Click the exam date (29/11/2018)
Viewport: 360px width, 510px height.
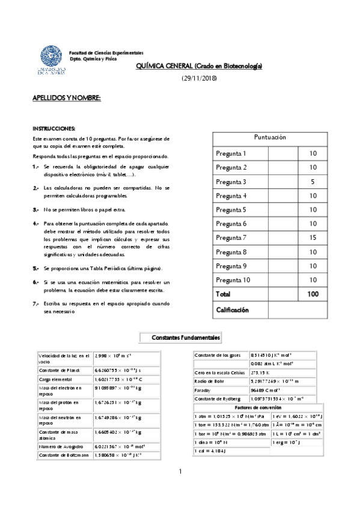pyautogui.click(x=199, y=79)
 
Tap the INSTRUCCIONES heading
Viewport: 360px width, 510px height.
pyautogui.click(x=54, y=129)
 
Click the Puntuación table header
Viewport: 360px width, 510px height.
pyautogui.click(x=270, y=137)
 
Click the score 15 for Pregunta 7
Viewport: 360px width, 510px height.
pyautogui.click(x=313, y=238)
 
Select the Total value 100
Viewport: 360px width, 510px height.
pyautogui.click(x=313, y=294)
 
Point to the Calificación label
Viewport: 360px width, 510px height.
pyautogui.click(x=232, y=309)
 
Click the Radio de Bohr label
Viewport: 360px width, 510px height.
pyautogui.click(x=210, y=381)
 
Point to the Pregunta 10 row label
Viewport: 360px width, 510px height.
pyautogui.click(x=233, y=280)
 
